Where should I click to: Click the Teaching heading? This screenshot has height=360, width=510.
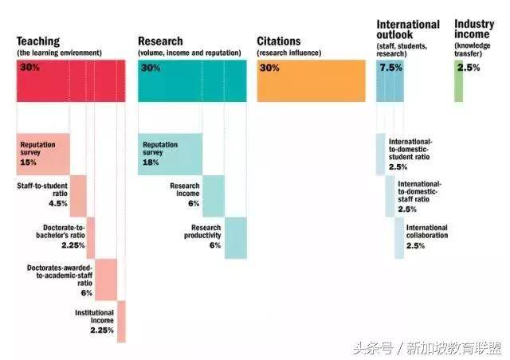[38, 41]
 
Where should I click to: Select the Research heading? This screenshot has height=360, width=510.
[160, 41]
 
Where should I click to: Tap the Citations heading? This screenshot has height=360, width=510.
[279, 41]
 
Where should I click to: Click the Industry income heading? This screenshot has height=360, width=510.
[474, 30]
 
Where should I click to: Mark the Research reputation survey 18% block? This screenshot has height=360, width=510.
[164, 154]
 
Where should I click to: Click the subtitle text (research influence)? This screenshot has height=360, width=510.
[288, 53]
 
